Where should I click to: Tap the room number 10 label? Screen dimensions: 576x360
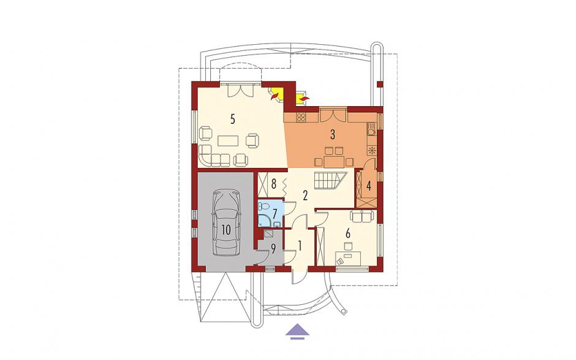point(226,230)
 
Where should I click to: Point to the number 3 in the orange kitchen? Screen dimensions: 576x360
point(333,134)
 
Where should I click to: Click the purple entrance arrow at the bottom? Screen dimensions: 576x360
point(298,332)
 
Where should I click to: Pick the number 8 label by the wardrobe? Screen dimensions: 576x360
point(273,184)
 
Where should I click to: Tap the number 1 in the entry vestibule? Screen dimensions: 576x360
point(300,245)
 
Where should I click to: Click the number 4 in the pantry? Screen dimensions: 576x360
point(369,185)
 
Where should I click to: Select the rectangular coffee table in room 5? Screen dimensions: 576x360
point(228,141)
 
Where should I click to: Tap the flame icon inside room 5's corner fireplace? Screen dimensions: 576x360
point(274,96)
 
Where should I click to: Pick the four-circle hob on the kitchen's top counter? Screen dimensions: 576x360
point(301,117)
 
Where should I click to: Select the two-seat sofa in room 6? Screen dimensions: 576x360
point(363,216)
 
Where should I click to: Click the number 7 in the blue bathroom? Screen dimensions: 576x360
point(275,213)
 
